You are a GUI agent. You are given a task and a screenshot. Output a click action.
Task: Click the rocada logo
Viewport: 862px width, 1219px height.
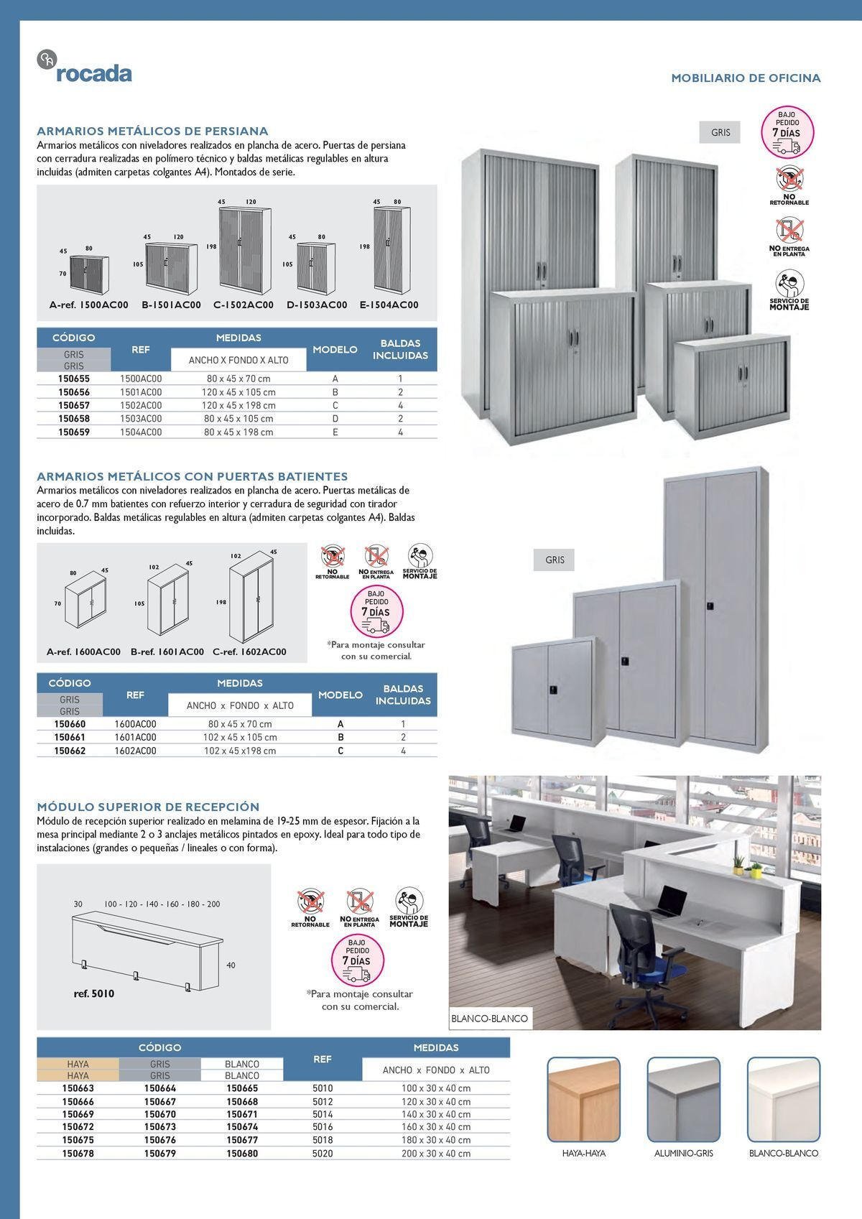pyautogui.click(x=84, y=66)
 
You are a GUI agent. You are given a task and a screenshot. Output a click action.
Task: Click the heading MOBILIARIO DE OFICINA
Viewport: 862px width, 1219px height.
pyautogui.click(x=746, y=78)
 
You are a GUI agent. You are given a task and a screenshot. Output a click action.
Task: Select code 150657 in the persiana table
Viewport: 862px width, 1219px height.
pyautogui.click(x=74, y=405)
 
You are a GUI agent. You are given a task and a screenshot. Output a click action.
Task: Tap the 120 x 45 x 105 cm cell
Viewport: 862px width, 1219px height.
pyautogui.click(x=238, y=392)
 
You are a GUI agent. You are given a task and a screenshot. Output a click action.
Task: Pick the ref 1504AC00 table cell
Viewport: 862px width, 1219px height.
pyautogui.click(x=141, y=432)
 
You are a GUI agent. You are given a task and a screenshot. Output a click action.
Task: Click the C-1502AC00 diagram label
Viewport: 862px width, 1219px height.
pyautogui.click(x=244, y=305)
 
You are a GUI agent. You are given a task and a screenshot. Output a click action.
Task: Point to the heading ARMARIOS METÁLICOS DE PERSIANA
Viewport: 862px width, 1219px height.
pyautogui.click(x=152, y=131)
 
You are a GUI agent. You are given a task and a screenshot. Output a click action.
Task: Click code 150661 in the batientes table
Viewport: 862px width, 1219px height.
pyautogui.click(x=70, y=738)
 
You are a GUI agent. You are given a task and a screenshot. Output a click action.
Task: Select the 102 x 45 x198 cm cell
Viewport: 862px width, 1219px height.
pyautogui.click(x=239, y=751)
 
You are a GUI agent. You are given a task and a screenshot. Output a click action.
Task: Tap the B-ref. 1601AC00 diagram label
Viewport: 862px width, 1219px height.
pyautogui.click(x=167, y=652)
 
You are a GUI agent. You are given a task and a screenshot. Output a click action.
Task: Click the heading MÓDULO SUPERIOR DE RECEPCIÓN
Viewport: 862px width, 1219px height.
pyautogui.click(x=148, y=807)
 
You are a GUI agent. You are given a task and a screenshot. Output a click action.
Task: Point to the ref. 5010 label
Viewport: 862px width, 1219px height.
pyautogui.click(x=94, y=993)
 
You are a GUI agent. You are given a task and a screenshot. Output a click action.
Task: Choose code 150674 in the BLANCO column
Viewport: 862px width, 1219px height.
pyautogui.click(x=242, y=1127)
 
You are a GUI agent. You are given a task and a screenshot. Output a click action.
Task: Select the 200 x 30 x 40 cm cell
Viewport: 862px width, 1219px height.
pyautogui.click(x=436, y=1153)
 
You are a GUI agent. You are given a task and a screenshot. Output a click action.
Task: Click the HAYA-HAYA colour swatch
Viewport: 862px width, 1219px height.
pyautogui.click(x=583, y=1099)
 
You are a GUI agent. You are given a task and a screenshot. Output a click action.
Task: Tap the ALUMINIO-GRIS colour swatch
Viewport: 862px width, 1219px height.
pyautogui.click(x=684, y=1099)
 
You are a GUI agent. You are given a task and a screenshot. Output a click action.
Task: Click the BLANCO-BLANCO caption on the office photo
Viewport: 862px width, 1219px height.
pyautogui.click(x=490, y=1019)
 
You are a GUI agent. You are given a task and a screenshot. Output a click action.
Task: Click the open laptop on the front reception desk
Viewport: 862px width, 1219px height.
pyautogui.click(x=670, y=901)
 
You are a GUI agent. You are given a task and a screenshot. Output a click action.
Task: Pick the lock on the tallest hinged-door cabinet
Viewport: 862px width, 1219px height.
pyautogui.click(x=710, y=606)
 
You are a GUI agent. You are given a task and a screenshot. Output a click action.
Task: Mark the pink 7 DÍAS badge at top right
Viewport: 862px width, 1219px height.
pyautogui.click(x=787, y=132)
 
